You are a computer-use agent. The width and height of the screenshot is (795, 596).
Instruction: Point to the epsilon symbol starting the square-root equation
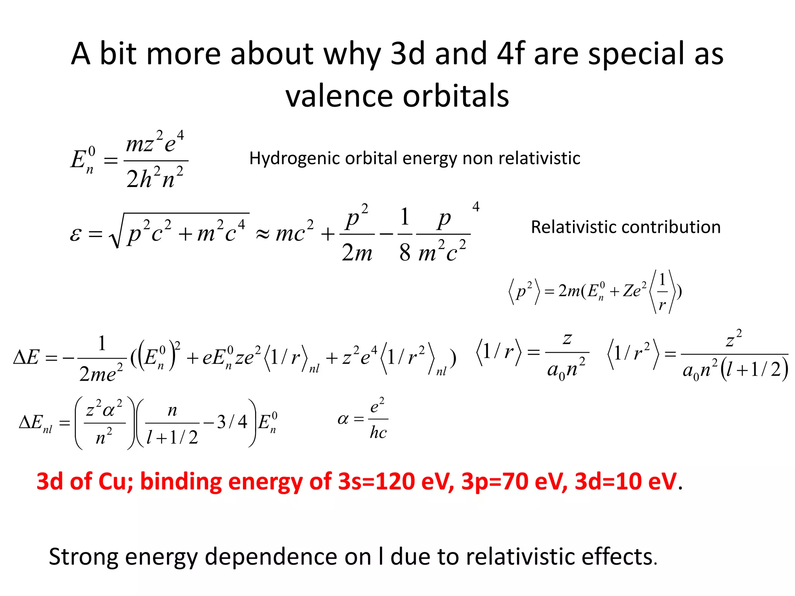click(75, 234)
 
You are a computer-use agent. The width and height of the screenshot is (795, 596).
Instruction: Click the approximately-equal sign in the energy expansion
click(263, 234)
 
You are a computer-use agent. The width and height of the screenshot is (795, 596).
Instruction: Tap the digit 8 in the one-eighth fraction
click(404, 253)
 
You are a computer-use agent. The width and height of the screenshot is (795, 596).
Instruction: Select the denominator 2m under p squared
click(357, 253)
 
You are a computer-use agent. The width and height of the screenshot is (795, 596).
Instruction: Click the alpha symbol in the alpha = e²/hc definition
click(343, 419)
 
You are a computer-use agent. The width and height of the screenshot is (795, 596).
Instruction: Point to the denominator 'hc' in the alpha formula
click(378, 432)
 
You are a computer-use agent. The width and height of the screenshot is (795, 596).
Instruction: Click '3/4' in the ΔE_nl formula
click(232, 422)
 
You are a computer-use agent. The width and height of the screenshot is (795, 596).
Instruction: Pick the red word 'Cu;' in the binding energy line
click(116, 482)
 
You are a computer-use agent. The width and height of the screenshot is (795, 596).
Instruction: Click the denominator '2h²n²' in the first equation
click(155, 178)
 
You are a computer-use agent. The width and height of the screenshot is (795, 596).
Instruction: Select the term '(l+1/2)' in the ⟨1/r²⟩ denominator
click(754, 369)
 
